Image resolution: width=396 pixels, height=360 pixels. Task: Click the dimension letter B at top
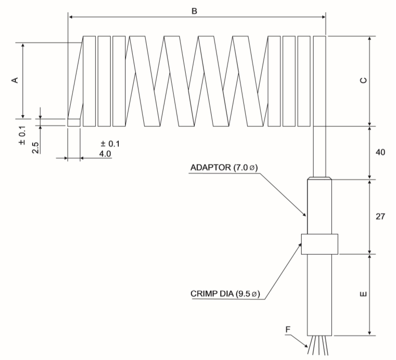click(x=194, y=11)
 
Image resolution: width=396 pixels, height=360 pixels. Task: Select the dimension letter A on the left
click(x=15, y=79)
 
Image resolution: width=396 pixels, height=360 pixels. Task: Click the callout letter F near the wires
click(x=288, y=330)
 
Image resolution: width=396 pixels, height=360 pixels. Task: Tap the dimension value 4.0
click(x=105, y=153)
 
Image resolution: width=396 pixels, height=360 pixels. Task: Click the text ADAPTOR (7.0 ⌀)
click(x=224, y=168)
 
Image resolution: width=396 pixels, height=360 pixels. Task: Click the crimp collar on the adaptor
click(x=319, y=245)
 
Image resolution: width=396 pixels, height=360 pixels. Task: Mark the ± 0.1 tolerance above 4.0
click(x=109, y=144)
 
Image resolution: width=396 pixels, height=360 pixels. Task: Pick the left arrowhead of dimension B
click(x=71, y=17)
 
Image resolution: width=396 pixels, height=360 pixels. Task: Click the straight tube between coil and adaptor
click(x=319, y=152)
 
